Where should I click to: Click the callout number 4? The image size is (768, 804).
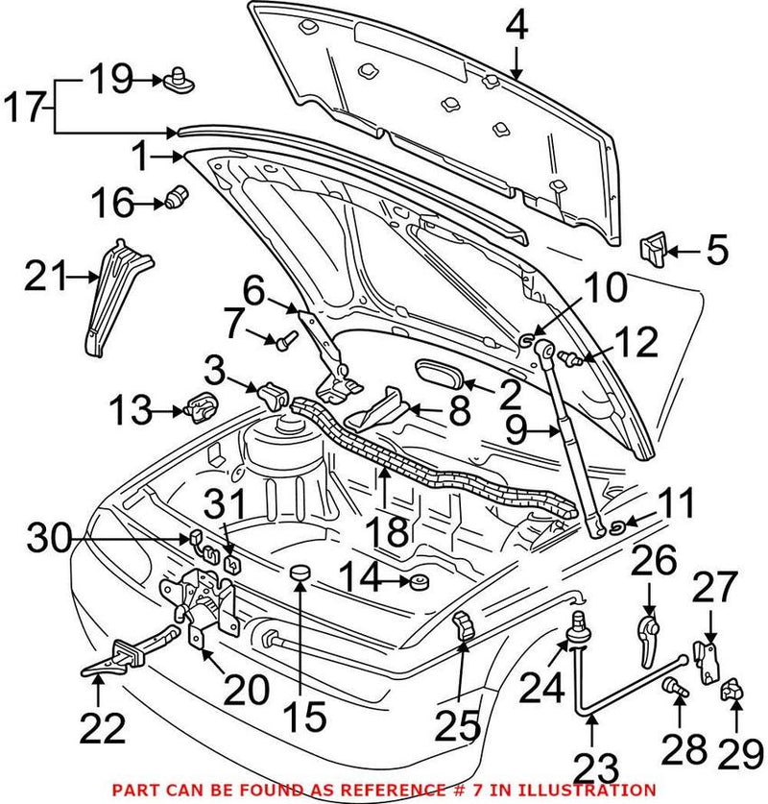(516, 26)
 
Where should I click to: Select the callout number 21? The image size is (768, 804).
(42, 280)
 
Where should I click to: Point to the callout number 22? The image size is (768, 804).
(102, 729)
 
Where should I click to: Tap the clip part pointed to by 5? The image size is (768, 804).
(653, 251)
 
